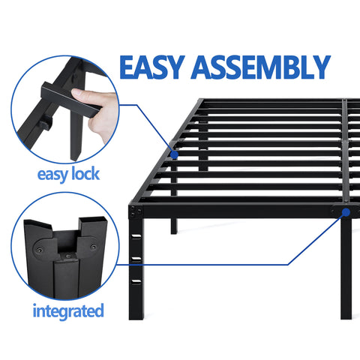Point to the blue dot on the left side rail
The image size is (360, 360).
[x=174, y=154]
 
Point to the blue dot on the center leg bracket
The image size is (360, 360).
[x=346, y=213]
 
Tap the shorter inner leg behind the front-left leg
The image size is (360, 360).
[x=174, y=224]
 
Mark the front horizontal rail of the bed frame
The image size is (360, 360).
[x=240, y=211]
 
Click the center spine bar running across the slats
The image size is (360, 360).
[x=343, y=150]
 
